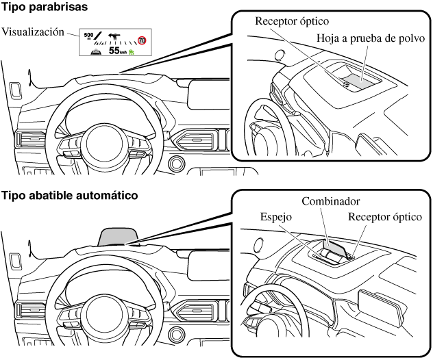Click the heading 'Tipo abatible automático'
[x=70, y=195]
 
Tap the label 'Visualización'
[x=33, y=31]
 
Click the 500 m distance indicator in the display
[x=88, y=36]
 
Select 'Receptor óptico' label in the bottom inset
[x=385, y=217]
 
